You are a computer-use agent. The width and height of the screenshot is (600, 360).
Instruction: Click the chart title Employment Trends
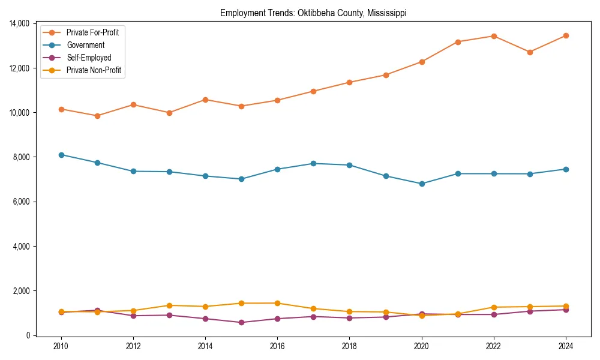pos(313,13)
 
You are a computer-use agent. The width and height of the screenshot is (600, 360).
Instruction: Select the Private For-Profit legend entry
pos(92,32)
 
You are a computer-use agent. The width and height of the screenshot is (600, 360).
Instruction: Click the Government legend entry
pos(85,45)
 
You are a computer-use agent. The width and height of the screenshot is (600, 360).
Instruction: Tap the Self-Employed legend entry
pos(89,58)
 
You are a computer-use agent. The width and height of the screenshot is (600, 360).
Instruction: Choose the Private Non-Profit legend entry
pos(94,70)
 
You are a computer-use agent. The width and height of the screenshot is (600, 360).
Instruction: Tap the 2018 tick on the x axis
pos(349,346)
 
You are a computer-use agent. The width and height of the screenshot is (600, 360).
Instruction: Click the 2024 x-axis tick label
pos(566,346)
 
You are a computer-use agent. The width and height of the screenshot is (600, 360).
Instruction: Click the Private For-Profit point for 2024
pos(566,35)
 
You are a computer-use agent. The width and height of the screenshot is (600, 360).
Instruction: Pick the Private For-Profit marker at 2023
pos(530,52)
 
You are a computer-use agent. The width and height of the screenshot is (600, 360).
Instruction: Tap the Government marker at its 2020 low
pos(422,184)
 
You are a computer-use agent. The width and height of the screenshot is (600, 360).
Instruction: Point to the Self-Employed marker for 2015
pos(241,322)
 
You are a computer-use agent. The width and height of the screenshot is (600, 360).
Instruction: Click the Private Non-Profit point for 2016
pos(277,303)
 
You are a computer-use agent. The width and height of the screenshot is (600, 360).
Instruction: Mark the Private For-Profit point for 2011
pos(97,116)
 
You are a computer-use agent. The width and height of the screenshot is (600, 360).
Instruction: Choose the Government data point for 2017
pos(313,163)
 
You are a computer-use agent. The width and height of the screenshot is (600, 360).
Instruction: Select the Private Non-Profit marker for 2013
pos(169,305)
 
